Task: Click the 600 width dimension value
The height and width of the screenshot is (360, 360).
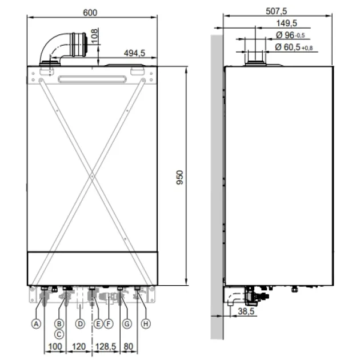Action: [x=90, y=13]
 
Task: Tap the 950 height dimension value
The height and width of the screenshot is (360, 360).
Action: [x=180, y=177]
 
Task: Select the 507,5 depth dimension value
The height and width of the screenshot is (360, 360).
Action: [x=276, y=11]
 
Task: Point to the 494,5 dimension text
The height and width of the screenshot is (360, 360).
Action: [x=134, y=53]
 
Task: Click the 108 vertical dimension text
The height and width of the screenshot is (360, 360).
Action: [x=94, y=36]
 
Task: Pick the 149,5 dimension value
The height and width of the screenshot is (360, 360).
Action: [x=286, y=23]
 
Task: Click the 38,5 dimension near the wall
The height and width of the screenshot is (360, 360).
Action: [x=246, y=311]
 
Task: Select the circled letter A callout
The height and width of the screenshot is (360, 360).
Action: [x=36, y=324]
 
